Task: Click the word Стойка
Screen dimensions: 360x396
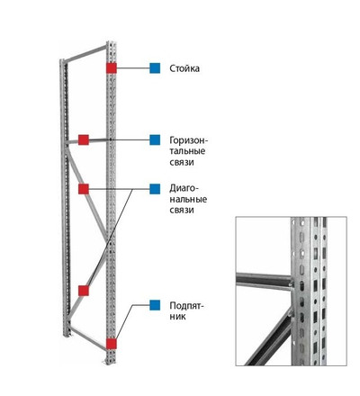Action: click(x=184, y=68)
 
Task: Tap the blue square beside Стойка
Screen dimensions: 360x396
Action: click(x=155, y=68)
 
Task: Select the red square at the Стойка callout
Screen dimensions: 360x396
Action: click(x=112, y=68)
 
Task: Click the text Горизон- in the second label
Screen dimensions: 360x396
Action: click(x=189, y=140)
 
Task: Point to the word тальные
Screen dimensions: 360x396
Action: click(x=187, y=151)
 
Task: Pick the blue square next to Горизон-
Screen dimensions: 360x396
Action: click(x=155, y=139)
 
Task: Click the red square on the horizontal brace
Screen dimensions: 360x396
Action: click(x=84, y=139)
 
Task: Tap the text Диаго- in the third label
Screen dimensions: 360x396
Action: click(x=184, y=189)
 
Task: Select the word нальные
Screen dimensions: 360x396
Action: click(x=188, y=200)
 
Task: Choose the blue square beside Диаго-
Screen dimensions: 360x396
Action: click(x=155, y=189)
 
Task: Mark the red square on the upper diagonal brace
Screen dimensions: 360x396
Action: click(x=84, y=189)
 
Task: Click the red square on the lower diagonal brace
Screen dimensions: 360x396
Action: click(x=84, y=291)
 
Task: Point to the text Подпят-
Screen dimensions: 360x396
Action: click(x=186, y=306)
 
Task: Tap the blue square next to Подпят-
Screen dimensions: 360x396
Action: click(x=155, y=305)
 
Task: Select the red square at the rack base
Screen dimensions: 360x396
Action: click(x=112, y=344)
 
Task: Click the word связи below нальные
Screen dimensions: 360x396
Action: click(x=182, y=210)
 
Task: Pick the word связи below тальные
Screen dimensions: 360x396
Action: click(x=182, y=162)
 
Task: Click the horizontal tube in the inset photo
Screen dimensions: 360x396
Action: click(x=264, y=282)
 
